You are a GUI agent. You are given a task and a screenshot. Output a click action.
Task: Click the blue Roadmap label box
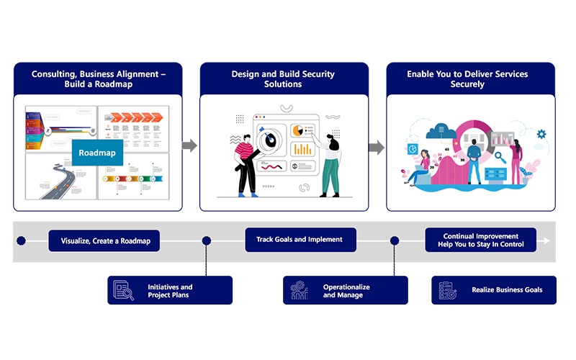pyautogui.click(x=97, y=153)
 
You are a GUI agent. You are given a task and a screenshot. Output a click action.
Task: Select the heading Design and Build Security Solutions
pyautogui.click(x=284, y=79)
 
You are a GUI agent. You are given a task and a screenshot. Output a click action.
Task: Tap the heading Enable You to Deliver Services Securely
pyautogui.click(x=470, y=79)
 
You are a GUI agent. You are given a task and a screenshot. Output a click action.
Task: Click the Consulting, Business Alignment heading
pyautogui.click(x=98, y=79)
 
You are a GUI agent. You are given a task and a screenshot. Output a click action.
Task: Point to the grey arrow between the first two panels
pyautogui.click(x=189, y=146)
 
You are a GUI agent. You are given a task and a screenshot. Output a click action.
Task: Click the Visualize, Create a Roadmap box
pyautogui.click(x=104, y=241)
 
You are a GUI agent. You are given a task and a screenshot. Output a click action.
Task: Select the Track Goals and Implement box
pyautogui.click(x=300, y=240)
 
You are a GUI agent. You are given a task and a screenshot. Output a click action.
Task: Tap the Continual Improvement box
pyautogui.click(x=480, y=240)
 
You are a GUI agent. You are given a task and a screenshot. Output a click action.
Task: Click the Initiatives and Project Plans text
pyautogui.click(x=170, y=291)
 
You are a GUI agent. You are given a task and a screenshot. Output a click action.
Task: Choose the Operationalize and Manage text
pyautogui.click(x=346, y=291)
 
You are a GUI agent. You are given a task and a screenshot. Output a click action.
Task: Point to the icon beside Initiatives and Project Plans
pyautogui.click(x=123, y=290)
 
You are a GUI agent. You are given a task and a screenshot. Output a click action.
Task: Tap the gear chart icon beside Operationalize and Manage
pyautogui.click(x=299, y=290)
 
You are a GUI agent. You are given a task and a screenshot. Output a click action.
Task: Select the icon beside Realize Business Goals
pyautogui.click(x=448, y=290)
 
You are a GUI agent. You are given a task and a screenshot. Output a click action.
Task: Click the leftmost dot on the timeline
pyautogui.click(x=21, y=240)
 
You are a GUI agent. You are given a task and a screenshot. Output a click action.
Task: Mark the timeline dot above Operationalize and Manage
pyautogui.click(x=395, y=240)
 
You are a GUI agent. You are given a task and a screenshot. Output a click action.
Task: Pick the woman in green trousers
pyautogui.click(x=330, y=164)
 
